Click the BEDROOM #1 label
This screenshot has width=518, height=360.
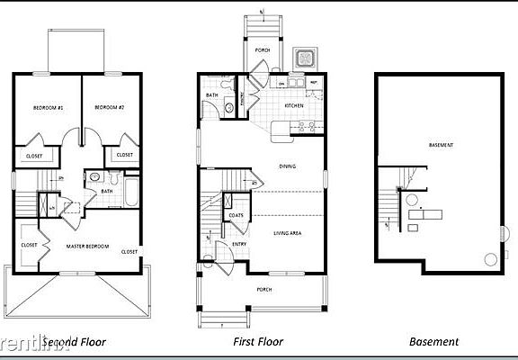pos(47,108)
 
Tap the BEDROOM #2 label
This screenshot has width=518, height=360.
pos(107,108)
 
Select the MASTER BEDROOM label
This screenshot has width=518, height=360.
pos(87,246)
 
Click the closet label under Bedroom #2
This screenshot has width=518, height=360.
pos(123,155)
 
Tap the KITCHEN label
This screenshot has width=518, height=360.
pos(295,106)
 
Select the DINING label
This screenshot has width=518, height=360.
pos(287,166)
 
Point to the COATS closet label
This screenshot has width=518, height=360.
pos(237,215)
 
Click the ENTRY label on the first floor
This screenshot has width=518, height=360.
pos(239,244)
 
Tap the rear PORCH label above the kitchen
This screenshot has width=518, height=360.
pos(263,50)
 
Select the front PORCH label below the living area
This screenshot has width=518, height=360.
pos(264,289)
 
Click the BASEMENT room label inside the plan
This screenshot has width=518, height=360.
pos(441,145)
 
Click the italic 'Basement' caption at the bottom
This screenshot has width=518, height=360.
pos(434,342)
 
